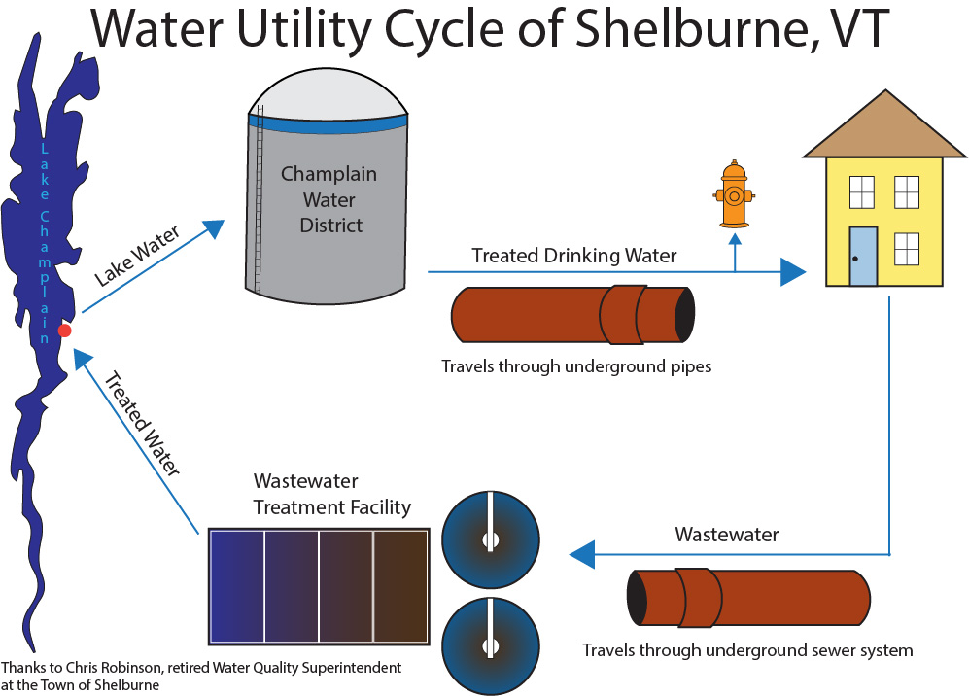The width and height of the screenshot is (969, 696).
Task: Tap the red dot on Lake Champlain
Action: pyautogui.click(x=64, y=331)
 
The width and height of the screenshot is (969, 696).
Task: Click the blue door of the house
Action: pyautogui.click(x=862, y=256)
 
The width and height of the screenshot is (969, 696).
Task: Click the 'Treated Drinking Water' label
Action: pyautogui.click(x=573, y=256)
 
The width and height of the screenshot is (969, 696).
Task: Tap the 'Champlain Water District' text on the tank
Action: pyautogui.click(x=329, y=200)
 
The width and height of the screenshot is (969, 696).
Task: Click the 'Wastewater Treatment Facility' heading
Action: pyautogui.click(x=331, y=495)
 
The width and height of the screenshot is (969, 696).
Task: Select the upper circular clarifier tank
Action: pyautogui.click(x=490, y=539)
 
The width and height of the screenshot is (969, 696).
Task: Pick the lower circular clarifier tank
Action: pyautogui.click(x=490, y=645)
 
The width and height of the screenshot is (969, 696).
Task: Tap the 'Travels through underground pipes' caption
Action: pyautogui.click(x=576, y=367)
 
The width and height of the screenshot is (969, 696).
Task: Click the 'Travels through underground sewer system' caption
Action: pyautogui.click(x=746, y=649)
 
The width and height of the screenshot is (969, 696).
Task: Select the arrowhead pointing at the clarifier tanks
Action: pyautogui.click(x=581, y=554)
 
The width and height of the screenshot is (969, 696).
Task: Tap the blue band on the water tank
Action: pyautogui.click(x=328, y=124)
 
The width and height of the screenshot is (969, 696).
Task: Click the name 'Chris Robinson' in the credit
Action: pyautogui.click(x=106, y=669)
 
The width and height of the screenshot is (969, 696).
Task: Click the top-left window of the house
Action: pyautogui.click(x=862, y=192)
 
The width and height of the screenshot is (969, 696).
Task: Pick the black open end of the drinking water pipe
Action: pyautogui.click(x=686, y=314)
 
